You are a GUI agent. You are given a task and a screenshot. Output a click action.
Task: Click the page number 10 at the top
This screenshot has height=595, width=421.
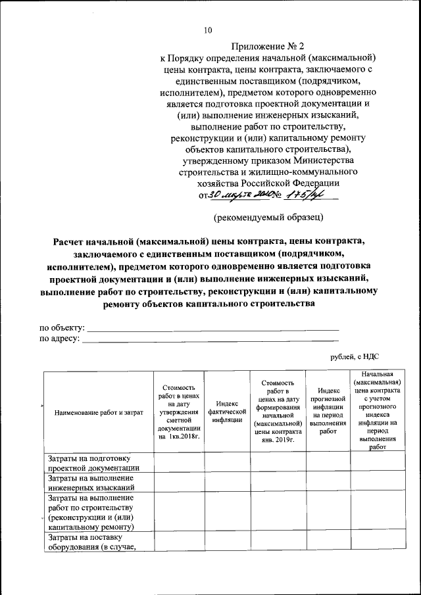tap(209, 30)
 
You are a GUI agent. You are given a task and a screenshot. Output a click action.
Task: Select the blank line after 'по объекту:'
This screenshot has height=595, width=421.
tap(213, 327)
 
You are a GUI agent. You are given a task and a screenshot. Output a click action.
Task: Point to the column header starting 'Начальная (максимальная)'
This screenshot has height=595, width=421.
tap(378, 412)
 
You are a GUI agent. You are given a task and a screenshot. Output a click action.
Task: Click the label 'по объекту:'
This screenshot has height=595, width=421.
tap(62, 327)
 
